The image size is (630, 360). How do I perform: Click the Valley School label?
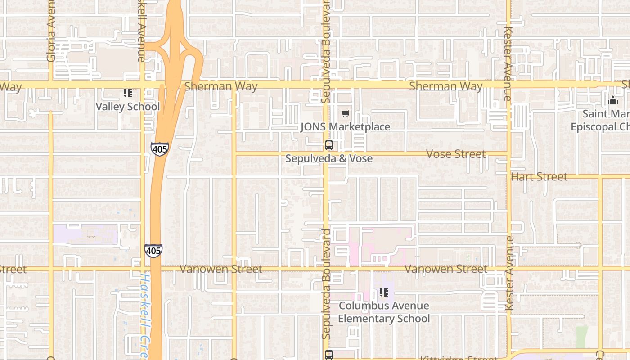pos(127,107)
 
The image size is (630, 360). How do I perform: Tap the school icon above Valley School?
pos(128,93)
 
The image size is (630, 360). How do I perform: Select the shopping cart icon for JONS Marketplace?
pos(345,114)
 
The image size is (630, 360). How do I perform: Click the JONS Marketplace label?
pos(345,127)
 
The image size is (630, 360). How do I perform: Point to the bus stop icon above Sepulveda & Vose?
pos(329,145)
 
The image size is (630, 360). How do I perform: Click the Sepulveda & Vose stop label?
pos(329,158)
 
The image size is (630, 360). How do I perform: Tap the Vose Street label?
pos(455,154)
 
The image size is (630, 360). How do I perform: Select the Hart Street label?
pos(539,177)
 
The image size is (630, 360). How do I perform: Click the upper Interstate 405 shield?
pos(159,149)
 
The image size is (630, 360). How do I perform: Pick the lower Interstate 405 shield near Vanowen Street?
pos(153,251)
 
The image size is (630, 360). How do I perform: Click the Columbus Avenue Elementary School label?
pos(384,312)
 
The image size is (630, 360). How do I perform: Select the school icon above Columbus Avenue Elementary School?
pos(383,292)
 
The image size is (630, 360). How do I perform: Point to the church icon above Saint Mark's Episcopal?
pos(612,100)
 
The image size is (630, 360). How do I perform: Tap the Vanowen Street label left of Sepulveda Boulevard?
pos(220,269)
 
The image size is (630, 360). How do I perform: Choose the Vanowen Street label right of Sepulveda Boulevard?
pos(445,269)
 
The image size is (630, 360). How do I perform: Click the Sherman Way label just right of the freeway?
pos(221,86)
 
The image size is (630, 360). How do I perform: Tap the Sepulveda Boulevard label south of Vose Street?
pos(327,283)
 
